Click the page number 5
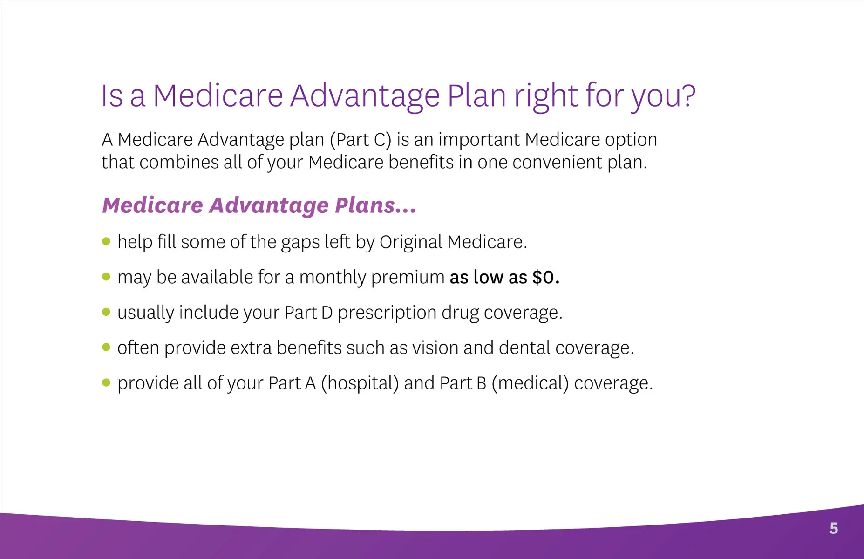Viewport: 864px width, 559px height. point(834,528)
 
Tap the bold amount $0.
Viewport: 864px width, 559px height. point(546,277)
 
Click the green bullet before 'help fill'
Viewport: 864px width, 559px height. point(106,241)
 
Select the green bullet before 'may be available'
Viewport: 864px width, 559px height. point(106,277)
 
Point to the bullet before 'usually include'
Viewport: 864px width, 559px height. point(106,312)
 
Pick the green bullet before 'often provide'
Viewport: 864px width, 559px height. point(106,347)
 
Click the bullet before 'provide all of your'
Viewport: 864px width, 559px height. point(106,382)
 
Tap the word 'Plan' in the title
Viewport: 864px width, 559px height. point(476,95)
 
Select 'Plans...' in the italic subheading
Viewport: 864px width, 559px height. point(375,205)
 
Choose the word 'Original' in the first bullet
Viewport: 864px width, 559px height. point(410,242)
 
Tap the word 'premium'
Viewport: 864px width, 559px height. point(408,278)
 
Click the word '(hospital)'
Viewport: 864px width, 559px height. point(360,383)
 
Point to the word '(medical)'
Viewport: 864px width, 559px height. point(530,383)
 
